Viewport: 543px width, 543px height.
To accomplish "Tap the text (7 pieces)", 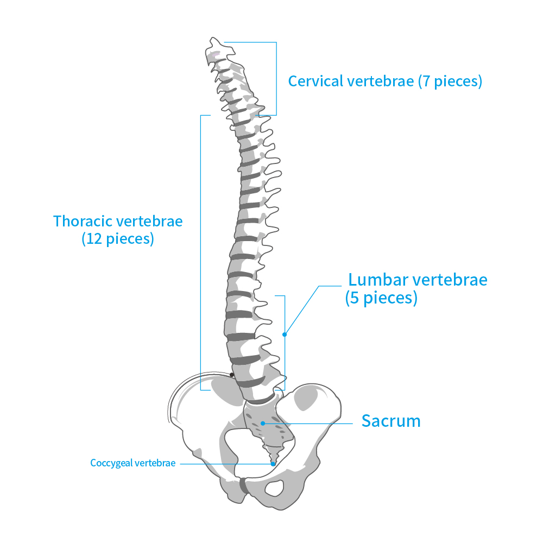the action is pos(450,81).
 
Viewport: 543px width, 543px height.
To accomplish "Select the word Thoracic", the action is pos(83,222).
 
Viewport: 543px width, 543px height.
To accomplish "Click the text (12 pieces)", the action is pos(118,239).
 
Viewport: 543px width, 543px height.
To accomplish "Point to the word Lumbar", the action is pos(378,280).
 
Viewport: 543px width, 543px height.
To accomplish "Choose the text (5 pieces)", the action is pos(381,298).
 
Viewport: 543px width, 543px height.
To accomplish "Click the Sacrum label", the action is pos(391,421).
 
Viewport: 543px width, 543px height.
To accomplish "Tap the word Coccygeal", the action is pos(111,463).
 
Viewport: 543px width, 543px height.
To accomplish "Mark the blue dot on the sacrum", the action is pos(263,423).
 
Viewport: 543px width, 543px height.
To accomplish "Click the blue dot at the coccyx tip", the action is pos(273,464).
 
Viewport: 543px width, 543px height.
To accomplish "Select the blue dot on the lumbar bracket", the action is pos(284,334).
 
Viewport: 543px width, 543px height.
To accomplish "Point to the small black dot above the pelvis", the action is pos(232,375).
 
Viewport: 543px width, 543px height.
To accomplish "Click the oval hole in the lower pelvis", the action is pos(276,488).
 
